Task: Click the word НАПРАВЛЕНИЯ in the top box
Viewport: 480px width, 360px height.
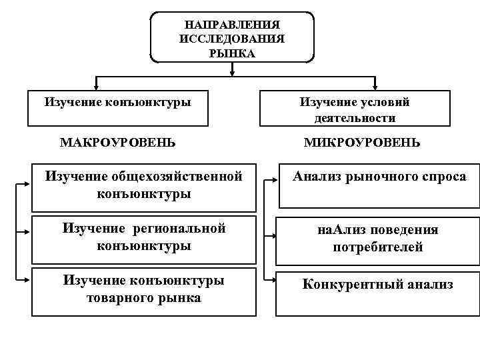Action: [x=232, y=25]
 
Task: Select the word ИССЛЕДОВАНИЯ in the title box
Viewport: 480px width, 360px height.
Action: [x=232, y=39]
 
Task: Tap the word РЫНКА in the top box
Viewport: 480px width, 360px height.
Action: [x=232, y=53]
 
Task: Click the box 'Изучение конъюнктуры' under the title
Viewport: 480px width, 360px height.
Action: [x=117, y=107]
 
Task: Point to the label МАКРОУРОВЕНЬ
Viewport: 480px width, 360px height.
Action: [x=118, y=143]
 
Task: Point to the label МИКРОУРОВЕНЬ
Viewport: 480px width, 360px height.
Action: [x=362, y=143]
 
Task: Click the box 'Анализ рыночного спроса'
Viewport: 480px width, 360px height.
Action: [x=379, y=185]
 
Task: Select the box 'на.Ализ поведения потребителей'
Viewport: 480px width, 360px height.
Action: [x=377, y=239]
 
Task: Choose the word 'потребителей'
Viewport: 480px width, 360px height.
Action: [x=377, y=247]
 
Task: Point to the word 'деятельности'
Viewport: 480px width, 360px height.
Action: [x=355, y=118]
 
